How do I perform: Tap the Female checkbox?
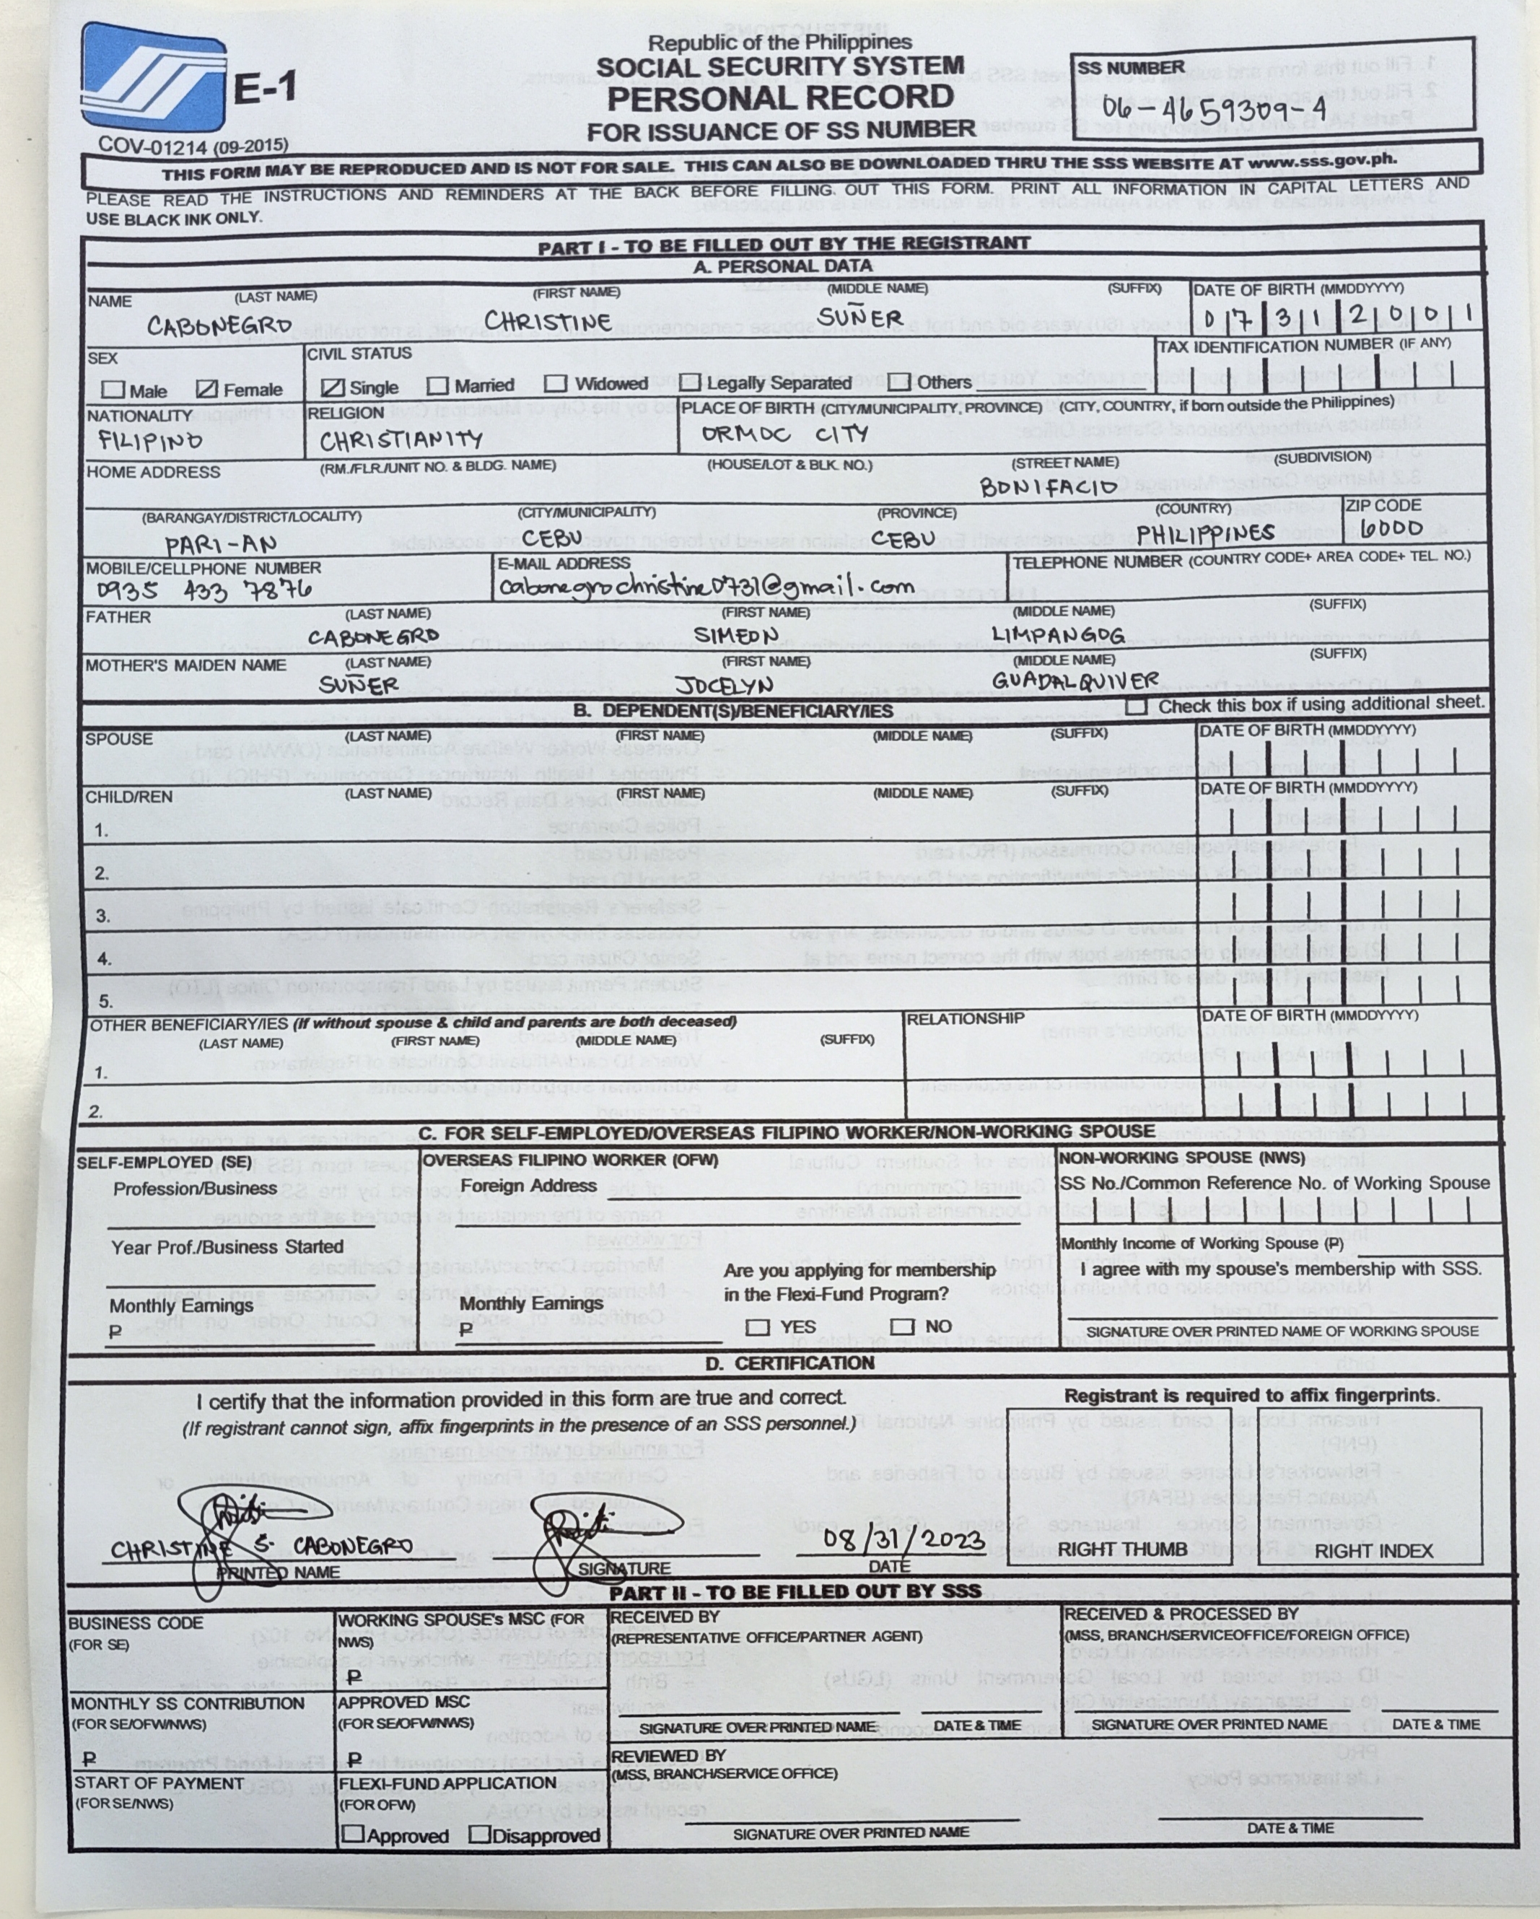point(206,389)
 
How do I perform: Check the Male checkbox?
point(113,389)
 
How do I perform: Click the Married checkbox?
point(437,385)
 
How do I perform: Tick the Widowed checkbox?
point(556,384)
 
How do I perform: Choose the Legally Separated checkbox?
point(690,384)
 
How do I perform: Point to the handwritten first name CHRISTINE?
point(548,321)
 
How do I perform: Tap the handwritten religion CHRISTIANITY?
point(401,440)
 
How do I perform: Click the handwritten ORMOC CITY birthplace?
point(784,434)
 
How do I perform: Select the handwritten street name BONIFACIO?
point(1049,487)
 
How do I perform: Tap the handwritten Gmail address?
point(706,587)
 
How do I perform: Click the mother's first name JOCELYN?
point(723,686)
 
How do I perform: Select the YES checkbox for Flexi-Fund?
point(758,1327)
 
